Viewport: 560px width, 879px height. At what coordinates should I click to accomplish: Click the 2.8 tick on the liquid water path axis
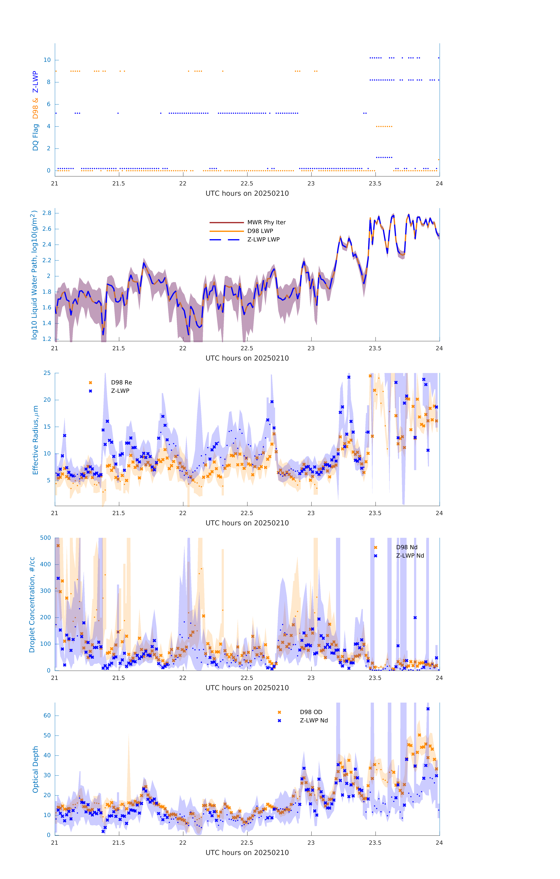coord(47,213)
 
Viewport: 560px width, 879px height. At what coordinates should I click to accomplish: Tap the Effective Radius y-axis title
coord(35,440)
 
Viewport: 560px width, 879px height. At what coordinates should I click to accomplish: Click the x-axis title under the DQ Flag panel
coord(247,194)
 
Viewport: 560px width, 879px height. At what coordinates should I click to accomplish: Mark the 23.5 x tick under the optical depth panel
coord(375,843)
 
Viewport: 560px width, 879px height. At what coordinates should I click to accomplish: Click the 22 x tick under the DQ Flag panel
coord(183,184)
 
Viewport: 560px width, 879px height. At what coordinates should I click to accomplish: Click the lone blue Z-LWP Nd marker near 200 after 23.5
coord(415,618)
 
